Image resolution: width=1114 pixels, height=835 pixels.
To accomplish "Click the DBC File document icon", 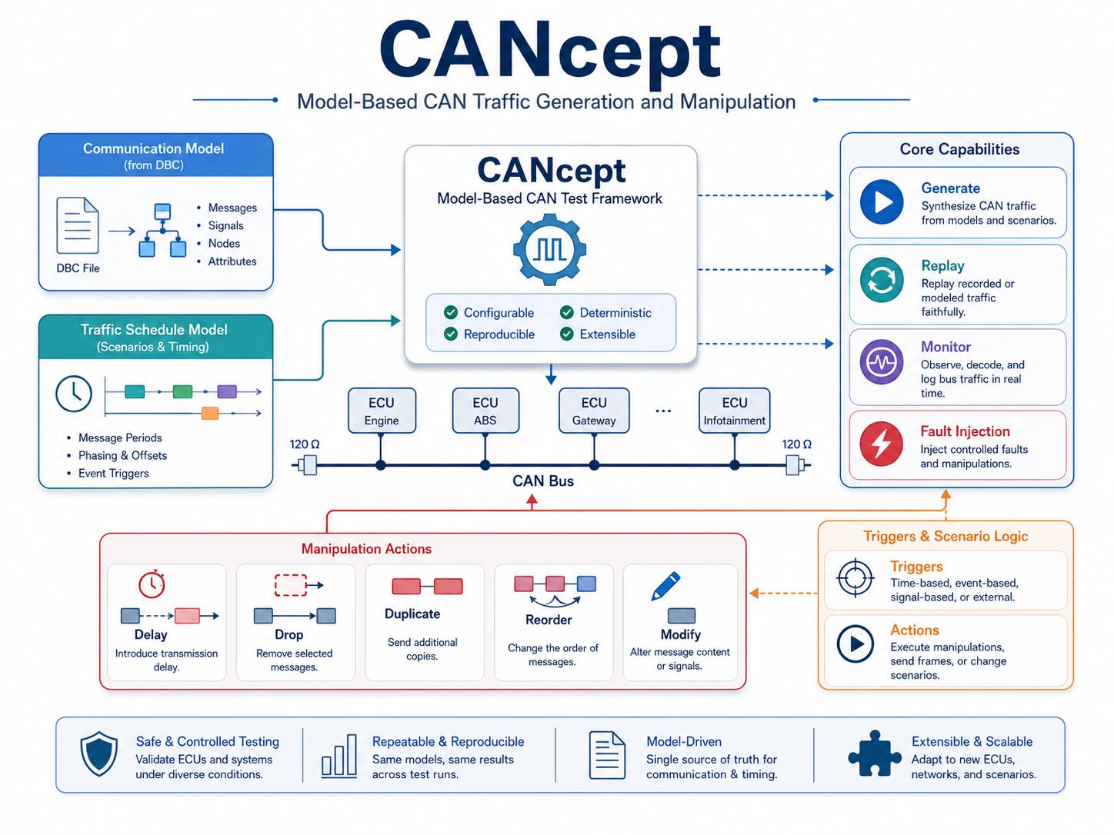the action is (x=77, y=225).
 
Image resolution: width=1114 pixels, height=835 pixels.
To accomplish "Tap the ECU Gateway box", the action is (x=594, y=411).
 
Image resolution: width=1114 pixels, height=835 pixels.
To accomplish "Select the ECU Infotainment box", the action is (x=734, y=411).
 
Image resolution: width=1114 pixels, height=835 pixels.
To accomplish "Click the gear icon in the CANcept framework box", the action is (x=549, y=249).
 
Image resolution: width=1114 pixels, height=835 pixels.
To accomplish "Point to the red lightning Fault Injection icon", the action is (x=881, y=444).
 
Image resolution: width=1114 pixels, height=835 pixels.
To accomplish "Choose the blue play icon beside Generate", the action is (x=882, y=201).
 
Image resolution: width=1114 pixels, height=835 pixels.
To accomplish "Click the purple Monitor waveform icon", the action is (x=882, y=361).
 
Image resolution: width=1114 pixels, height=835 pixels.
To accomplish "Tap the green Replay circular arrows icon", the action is (x=882, y=279).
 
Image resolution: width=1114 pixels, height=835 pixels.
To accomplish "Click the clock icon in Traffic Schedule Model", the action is (x=74, y=394).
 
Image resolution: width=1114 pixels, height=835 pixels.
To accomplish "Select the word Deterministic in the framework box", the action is (x=615, y=313).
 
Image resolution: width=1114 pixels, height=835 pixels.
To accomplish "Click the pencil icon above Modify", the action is (x=665, y=587).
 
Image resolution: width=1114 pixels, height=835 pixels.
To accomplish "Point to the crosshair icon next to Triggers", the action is (x=856, y=578).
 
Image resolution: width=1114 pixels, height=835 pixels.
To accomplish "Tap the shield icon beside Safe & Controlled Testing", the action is (x=99, y=753).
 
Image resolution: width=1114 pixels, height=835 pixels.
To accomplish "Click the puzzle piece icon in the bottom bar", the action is (x=875, y=753).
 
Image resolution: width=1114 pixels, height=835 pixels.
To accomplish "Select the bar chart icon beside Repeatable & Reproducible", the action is (x=339, y=756).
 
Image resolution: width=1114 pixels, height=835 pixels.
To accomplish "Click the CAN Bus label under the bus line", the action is (x=543, y=481).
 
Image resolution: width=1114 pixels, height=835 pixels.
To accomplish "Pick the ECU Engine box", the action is (x=382, y=411).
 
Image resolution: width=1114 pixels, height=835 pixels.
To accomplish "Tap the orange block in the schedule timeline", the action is (x=210, y=413).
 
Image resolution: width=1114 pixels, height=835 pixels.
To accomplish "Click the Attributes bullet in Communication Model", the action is (x=232, y=261).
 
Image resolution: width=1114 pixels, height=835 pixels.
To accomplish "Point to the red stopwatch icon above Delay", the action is (x=152, y=584).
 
